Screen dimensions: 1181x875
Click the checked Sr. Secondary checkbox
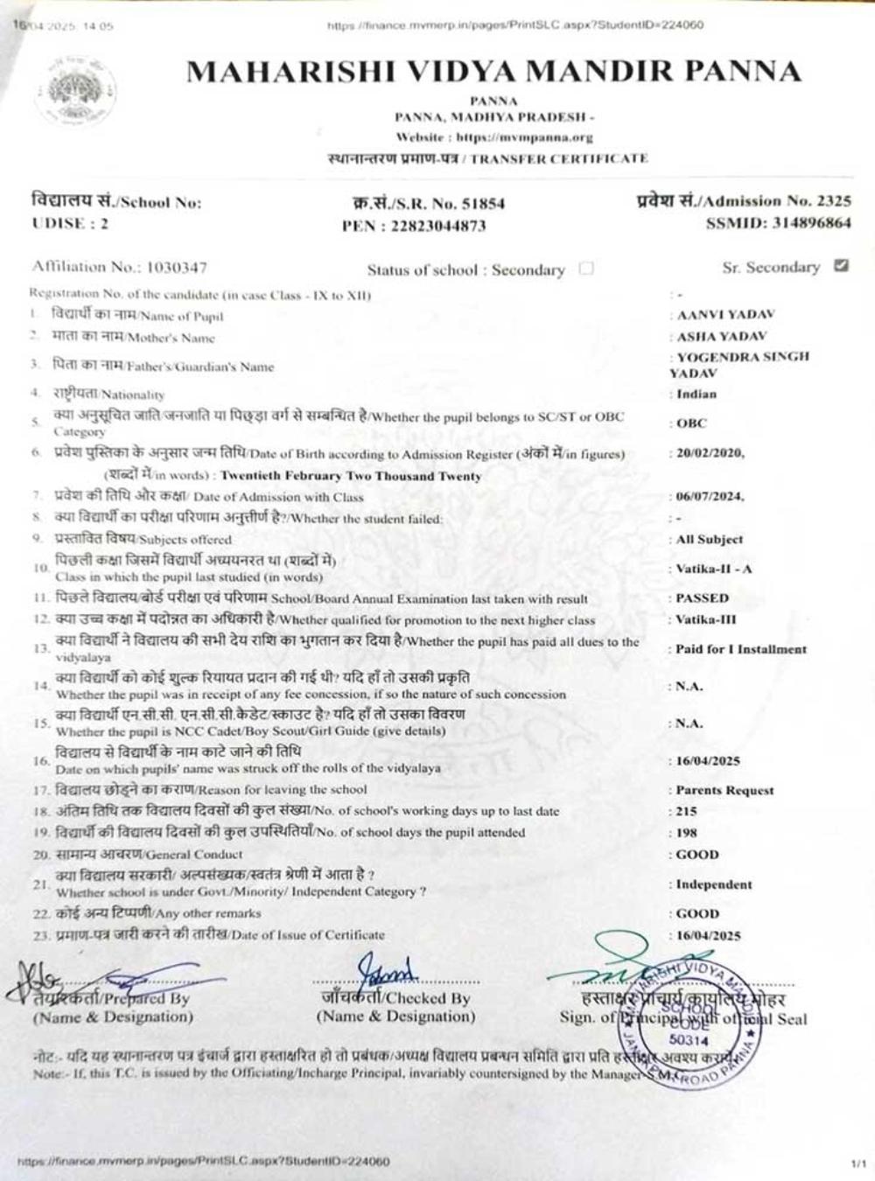(841, 266)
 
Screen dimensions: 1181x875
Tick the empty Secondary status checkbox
(586, 269)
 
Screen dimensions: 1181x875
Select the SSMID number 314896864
(811, 223)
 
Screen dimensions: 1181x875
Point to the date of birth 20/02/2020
(710, 453)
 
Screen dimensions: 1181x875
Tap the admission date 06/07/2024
(710, 496)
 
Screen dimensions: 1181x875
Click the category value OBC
(691, 423)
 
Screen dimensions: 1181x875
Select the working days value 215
(686, 811)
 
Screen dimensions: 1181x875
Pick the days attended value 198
(686, 833)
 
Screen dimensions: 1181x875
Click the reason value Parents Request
(724, 790)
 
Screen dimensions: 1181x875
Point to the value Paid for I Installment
(740, 649)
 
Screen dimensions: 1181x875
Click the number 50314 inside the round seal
(689, 1040)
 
